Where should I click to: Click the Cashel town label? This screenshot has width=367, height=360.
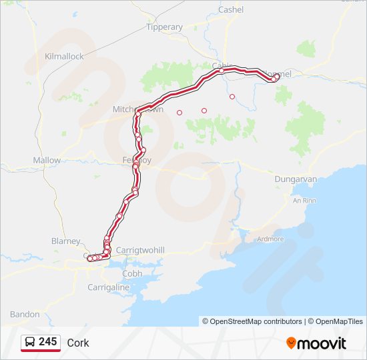point(231,10)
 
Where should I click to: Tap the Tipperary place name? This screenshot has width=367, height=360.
point(165,27)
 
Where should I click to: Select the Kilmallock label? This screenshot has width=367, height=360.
point(64,57)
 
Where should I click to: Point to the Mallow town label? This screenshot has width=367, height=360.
point(47,161)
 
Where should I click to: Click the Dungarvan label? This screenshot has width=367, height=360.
point(296,179)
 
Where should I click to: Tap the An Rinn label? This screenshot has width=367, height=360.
point(304,200)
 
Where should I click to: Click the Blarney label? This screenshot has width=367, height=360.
point(65,241)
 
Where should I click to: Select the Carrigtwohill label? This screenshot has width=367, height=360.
point(140,250)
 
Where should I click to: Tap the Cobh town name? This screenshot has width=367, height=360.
point(132,273)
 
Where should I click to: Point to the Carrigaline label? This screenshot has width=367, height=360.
point(108,287)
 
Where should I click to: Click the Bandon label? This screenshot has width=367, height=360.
point(25,314)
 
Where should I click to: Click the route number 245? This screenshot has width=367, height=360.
point(48,342)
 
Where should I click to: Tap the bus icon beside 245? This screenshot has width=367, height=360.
point(31,343)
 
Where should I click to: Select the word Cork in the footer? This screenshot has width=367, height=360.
point(78,343)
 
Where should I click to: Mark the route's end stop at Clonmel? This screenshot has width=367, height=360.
point(276,77)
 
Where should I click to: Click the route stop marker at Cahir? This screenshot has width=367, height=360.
point(222,70)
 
